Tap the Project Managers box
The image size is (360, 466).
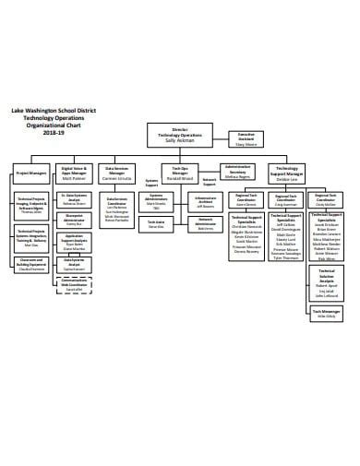coord(31,172)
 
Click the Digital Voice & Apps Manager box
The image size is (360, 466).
coord(73,171)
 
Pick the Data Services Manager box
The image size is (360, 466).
coord(118,171)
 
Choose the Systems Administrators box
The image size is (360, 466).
coord(159,202)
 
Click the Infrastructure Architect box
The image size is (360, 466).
coord(205,202)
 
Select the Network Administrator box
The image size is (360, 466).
coord(205,225)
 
